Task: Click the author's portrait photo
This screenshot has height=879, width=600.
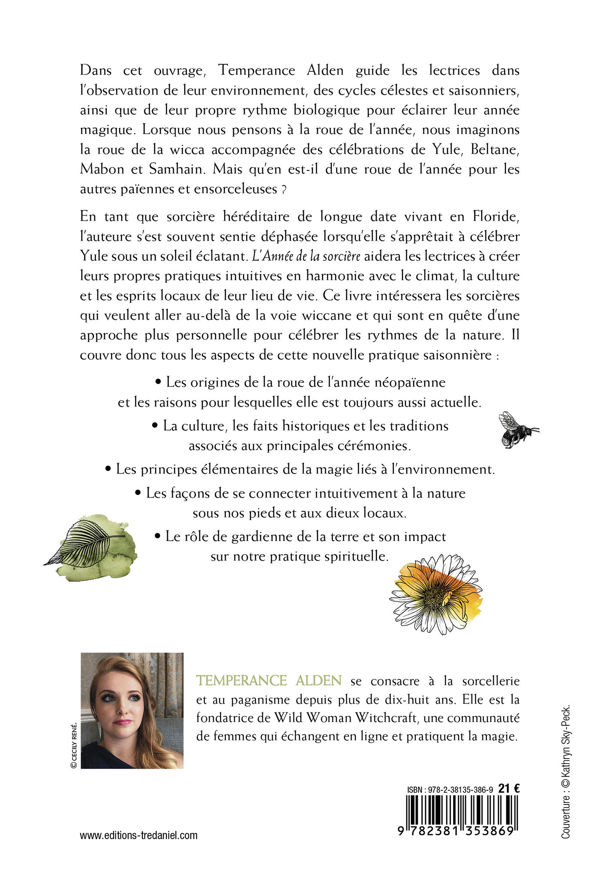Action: (132, 711)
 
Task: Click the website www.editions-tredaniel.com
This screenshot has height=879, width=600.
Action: (138, 835)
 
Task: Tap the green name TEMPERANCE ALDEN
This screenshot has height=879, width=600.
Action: (269, 681)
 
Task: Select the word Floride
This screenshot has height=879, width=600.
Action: (496, 217)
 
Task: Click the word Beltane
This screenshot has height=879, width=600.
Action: (495, 149)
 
